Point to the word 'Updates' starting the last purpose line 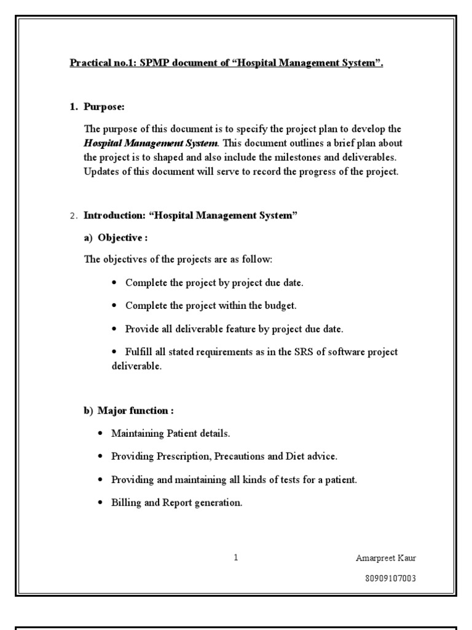click(x=101, y=172)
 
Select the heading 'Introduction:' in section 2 click(x=116, y=215)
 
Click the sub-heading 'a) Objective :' click(x=116, y=237)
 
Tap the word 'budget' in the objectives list click(x=282, y=305)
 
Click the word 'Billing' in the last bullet click(x=125, y=503)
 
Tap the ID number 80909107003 click(x=393, y=578)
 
